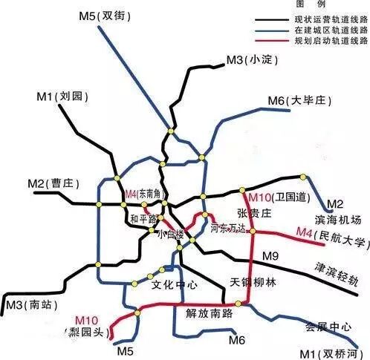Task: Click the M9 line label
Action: [270, 256]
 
